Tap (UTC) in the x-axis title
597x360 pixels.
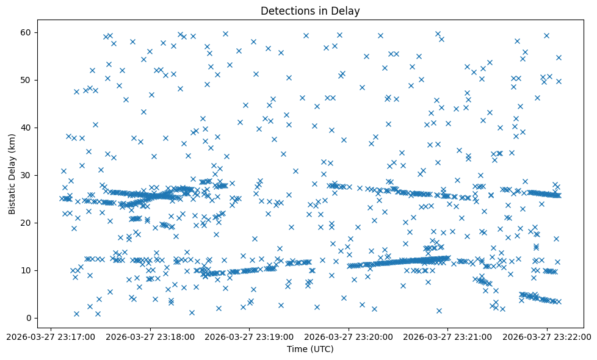(x=321, y=349)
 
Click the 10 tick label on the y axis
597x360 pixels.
(x=26, y=270)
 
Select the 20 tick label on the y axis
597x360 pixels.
(x=26, y=223)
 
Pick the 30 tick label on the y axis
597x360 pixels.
(x=26, y=175)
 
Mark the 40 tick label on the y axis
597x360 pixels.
(x=26, y=128)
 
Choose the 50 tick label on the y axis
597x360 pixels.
(x=26, y=80)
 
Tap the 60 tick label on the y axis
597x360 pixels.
(x=26, y=32)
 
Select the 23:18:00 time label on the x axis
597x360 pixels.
(x=175, y=336)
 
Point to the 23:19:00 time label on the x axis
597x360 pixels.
(x=274, y=336)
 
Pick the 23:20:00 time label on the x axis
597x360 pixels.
(x=373, y=336)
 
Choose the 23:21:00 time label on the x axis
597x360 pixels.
(x=472, y=336)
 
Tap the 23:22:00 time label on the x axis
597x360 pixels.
(x=571, y=336)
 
